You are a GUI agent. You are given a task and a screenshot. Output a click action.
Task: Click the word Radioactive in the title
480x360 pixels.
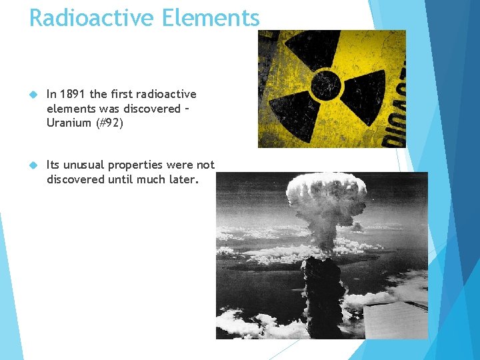click(x=89, y=17)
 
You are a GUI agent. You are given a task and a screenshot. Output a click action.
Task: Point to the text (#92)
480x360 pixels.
click(x=111, y=123)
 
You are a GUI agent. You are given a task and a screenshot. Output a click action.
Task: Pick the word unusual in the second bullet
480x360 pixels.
click(x=83, y=165)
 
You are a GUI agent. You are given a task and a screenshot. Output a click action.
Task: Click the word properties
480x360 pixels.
click(x=137, y=165)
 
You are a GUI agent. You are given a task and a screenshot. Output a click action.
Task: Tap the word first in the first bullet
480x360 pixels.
click(x=126, y=95)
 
